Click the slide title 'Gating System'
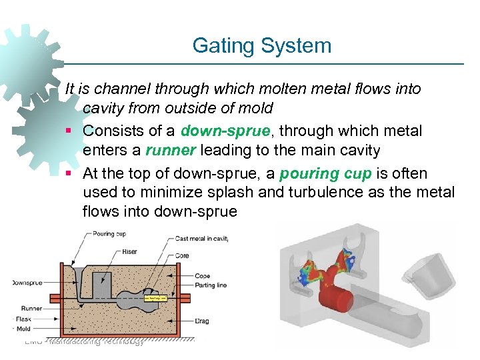261,46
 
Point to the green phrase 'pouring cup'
325,173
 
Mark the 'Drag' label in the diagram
202,321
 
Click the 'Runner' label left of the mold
31,308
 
